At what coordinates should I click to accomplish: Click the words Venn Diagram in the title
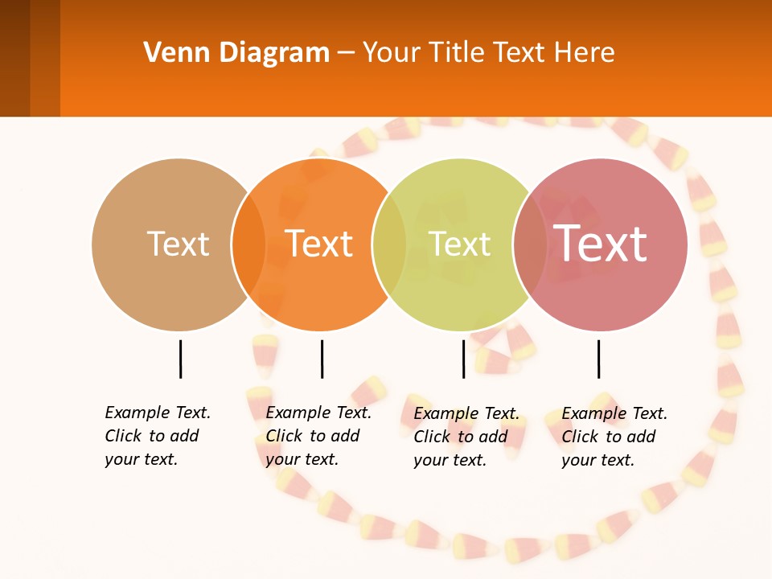coord(236,53)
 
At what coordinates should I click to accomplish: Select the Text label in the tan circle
coord(178,244)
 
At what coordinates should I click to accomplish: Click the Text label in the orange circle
coord(319,244)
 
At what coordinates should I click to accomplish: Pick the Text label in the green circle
coord(459,244)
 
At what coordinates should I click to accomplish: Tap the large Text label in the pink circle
coord(600,243)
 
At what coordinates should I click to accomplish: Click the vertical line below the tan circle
coord(180,359)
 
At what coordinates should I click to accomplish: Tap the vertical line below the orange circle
coord(322,359)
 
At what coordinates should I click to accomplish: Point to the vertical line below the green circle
coord(463,359)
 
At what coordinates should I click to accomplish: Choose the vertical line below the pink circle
coord(598,359)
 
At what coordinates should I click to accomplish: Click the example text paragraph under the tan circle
coord(158,436)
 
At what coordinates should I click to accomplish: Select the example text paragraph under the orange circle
coord(318,436)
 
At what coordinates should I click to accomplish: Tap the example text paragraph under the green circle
coord(466,437)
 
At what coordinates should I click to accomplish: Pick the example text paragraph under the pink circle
coord(614,437)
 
